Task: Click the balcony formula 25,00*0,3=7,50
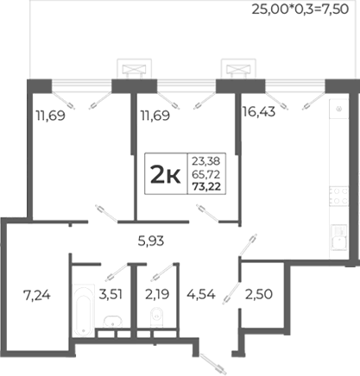pos(300,9)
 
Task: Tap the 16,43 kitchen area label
pos(259,111)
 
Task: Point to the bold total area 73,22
pos(206,187)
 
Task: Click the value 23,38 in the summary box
pos(206,161)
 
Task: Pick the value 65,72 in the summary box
pos(206,174)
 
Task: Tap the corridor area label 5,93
pos(151,241)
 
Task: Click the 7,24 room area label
pos(37,295)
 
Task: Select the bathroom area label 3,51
pos(111,294)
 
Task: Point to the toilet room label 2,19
pos(157,294)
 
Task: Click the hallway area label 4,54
pos(201,294)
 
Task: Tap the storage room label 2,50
pos(259,294)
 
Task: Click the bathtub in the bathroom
pos(84,310)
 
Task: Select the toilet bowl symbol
pos(157,317)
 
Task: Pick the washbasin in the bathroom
pos(113,322)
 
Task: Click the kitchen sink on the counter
pos(339,237)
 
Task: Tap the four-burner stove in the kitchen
pos(339,196)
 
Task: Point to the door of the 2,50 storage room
pos(231,293)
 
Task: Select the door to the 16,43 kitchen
pos(247,245)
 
